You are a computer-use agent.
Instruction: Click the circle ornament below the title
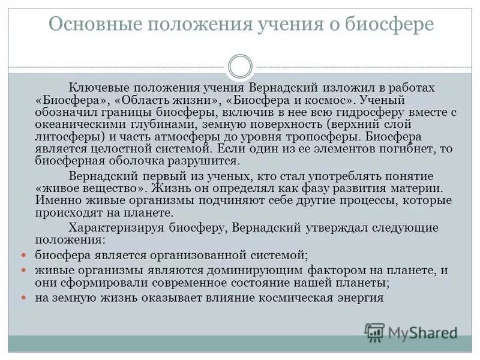point(240,65)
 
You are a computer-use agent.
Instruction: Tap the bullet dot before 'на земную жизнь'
point(24,298)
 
